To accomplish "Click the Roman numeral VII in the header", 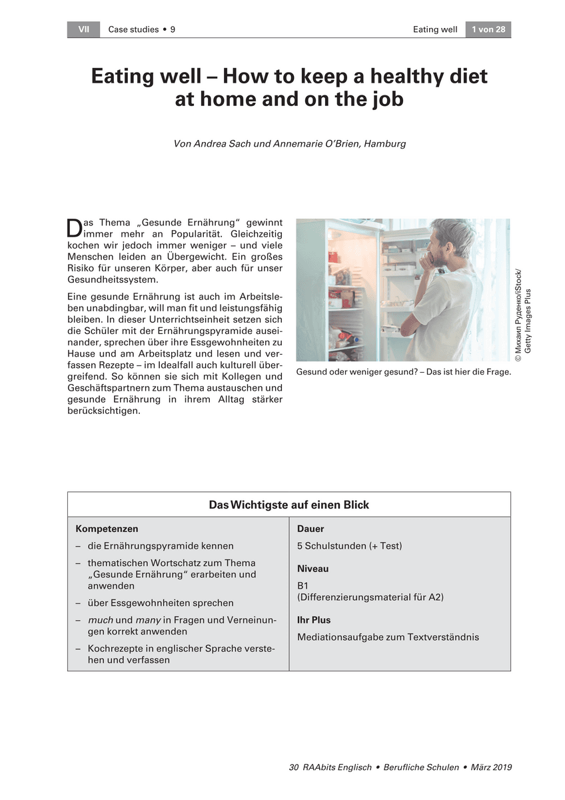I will click(x=83, y=29).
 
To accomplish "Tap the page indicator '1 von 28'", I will click(x=488, y=29).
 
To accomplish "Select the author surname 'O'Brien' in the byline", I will click(x=342, y=143).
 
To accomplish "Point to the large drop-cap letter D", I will click(x=74, y=227).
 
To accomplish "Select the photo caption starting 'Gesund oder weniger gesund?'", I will click(x=403, y=372).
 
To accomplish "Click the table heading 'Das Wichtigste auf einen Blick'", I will click(x=288, y=505).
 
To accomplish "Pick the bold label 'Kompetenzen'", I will click(x=107, y=529).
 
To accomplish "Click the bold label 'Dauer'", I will click(x=310, y=529).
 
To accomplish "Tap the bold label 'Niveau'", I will click(x=312, y=569).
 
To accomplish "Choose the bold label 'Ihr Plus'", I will click(x=314, y=620).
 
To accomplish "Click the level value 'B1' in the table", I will click(x=303, y=585).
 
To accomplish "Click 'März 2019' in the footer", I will click(x=490, y=767).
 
